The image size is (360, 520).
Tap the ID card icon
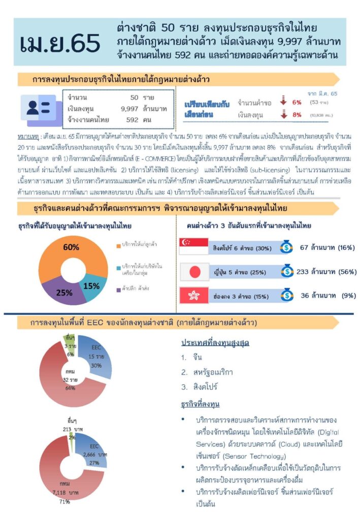point(38,107)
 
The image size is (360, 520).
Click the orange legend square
point(118,244)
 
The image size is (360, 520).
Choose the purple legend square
point(118,289)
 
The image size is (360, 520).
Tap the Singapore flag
point(194,246)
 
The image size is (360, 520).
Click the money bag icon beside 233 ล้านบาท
point(287,271)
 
